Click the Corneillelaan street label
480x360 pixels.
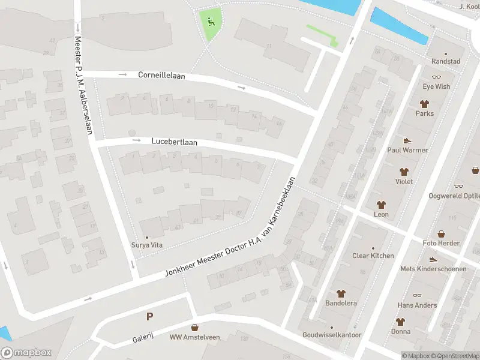pyautogui.click(x=162, y=76)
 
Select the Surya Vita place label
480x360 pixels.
pyautogui.click(x=147, y=245)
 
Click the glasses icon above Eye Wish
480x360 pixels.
pyautogui.click(x=436, y=77)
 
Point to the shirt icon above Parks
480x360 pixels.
pyautogui.click(x=424, y=104)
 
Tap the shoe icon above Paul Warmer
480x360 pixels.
pyautogui.click(x=407, y=140)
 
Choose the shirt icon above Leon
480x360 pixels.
pyautogui.click(x=381, y=205)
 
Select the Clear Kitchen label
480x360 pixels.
pyautogui.click(x=373, y=256)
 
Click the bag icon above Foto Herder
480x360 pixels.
pyautogui.click(x=441, y=233)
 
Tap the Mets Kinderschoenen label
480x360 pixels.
pyautogui.click(x=433, y=269)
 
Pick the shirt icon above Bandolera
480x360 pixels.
pyautogui.click(x=341, y=293)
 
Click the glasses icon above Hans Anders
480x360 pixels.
pyautogui.click(x=417, y=296)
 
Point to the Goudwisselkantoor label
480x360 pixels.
pyautogui.click(x=332, y=335)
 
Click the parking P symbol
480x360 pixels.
pyautogui.click(x=149, y=316)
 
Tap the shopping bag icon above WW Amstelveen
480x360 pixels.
pyautogui.click(x=194, y=328)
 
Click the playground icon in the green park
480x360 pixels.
pyautogui.click(x=211, y=22)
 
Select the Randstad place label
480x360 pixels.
pyautogui.click(x=446, y=62)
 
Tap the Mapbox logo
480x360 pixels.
pyautogui.click(x=26, y=353)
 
